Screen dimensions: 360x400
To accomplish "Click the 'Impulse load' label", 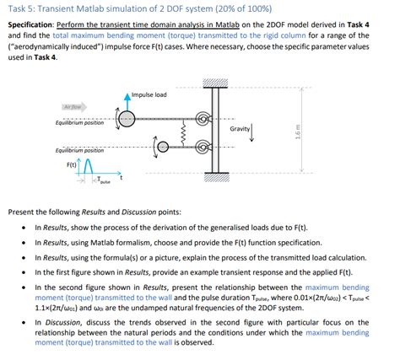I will pos(149,94).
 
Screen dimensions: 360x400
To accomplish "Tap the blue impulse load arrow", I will pos(127,100).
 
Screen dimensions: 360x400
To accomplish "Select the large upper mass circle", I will pos(127,116).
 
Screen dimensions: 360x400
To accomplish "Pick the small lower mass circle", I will pos(158,147).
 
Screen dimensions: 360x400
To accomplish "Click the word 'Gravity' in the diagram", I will pos(242,129).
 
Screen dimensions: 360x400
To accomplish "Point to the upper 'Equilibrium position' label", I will pos(79,123).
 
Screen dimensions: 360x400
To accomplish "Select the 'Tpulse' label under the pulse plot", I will pos(102,180).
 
